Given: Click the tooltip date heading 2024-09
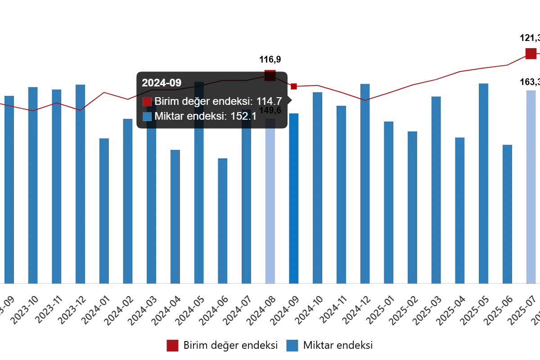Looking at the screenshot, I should (162, 83).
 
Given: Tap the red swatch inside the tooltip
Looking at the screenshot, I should (147, 102).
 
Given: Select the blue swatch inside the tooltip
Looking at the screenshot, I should (147, 117).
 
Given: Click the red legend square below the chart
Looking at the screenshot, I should (172, 345).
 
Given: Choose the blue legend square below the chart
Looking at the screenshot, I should (292, 345).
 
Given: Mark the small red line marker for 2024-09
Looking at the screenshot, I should (293, 86).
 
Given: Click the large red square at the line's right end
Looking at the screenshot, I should (530, 54).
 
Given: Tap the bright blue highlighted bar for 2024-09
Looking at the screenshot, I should (293, 198).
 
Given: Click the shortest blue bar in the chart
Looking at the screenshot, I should (223, 220).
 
